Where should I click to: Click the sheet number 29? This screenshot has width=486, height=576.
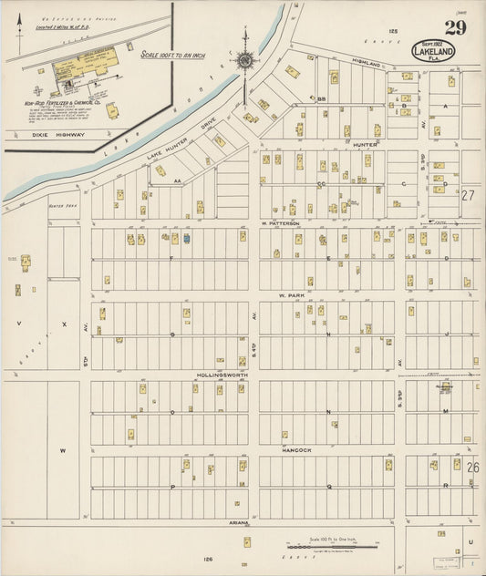tap(455, 27)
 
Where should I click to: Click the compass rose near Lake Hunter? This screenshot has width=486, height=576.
tap(244, 61)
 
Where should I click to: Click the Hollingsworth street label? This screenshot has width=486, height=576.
tap(222, 375)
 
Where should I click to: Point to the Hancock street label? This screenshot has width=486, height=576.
tap(297, 450)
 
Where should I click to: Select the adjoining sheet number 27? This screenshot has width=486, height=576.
tap(470, 195)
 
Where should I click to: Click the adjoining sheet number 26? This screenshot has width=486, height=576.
tap(472, 467)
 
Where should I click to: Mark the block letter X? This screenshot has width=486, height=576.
tap(64, 324)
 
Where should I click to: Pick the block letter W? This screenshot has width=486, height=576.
tap(63, 450)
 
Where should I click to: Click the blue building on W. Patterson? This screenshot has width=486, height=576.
tap(187, 239)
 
